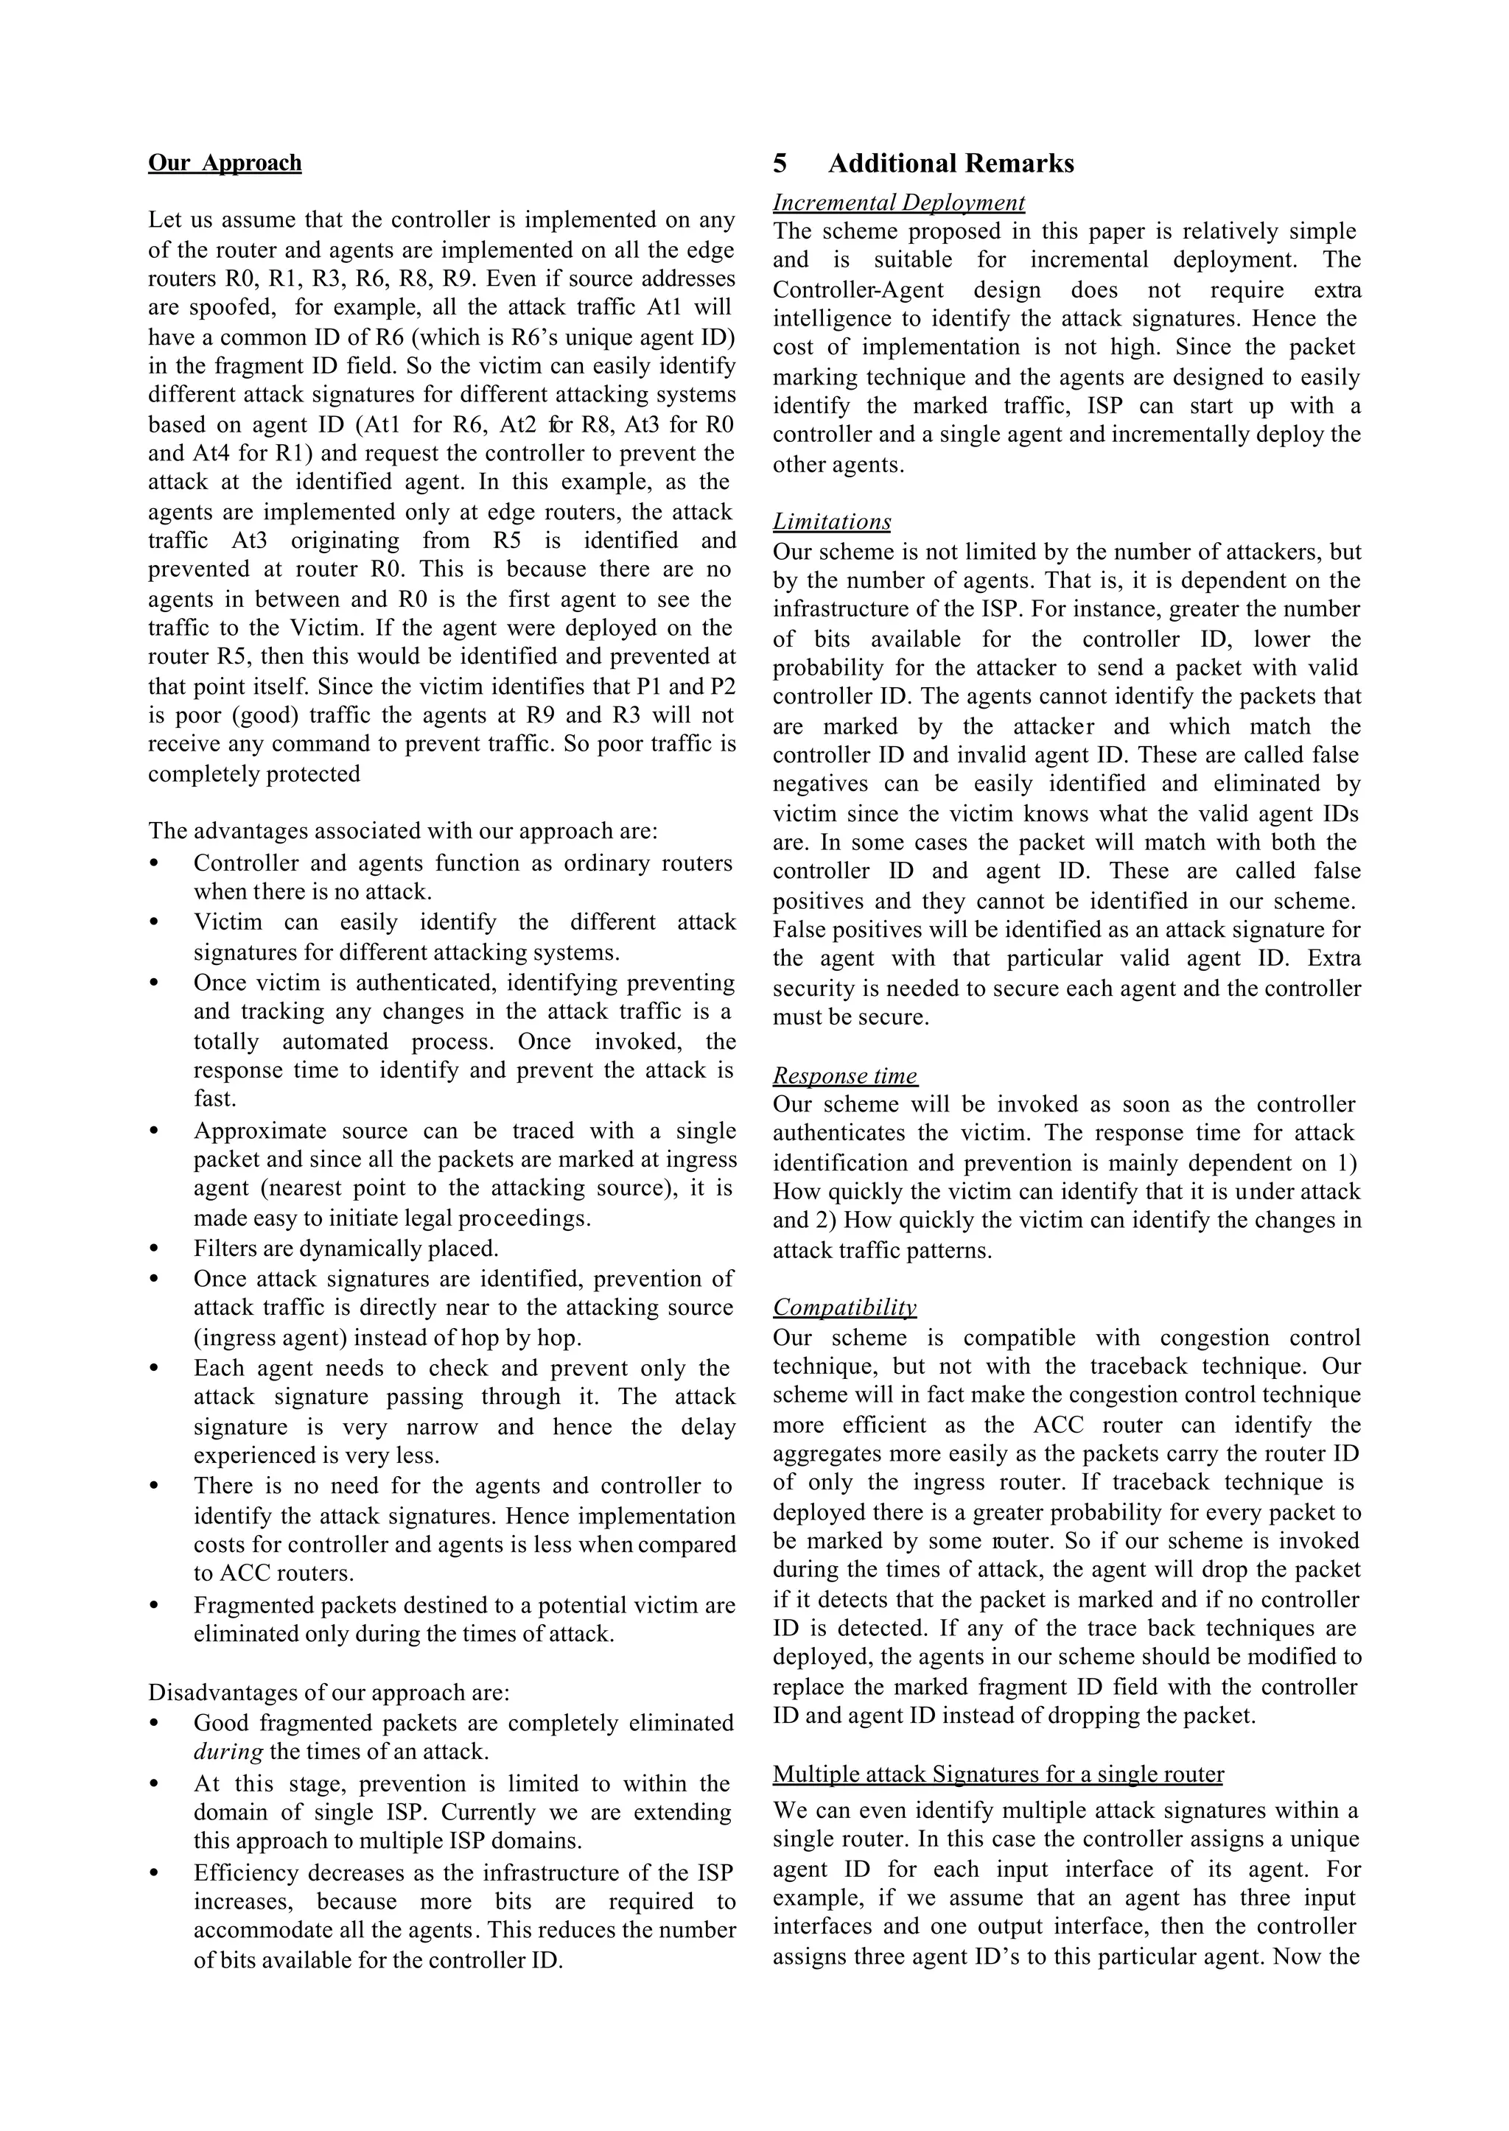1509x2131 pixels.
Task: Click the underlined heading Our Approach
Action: tap(225, 163)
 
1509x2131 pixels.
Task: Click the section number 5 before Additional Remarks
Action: tap(780, 164)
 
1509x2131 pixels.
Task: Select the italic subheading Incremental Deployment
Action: tap(898, 203)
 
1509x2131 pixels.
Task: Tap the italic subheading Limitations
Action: tap(832, 522)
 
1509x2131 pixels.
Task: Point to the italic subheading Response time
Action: tap(844, 1075)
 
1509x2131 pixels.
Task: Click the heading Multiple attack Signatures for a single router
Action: tap(998, 1774)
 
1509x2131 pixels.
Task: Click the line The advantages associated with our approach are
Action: tap(402, 830)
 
